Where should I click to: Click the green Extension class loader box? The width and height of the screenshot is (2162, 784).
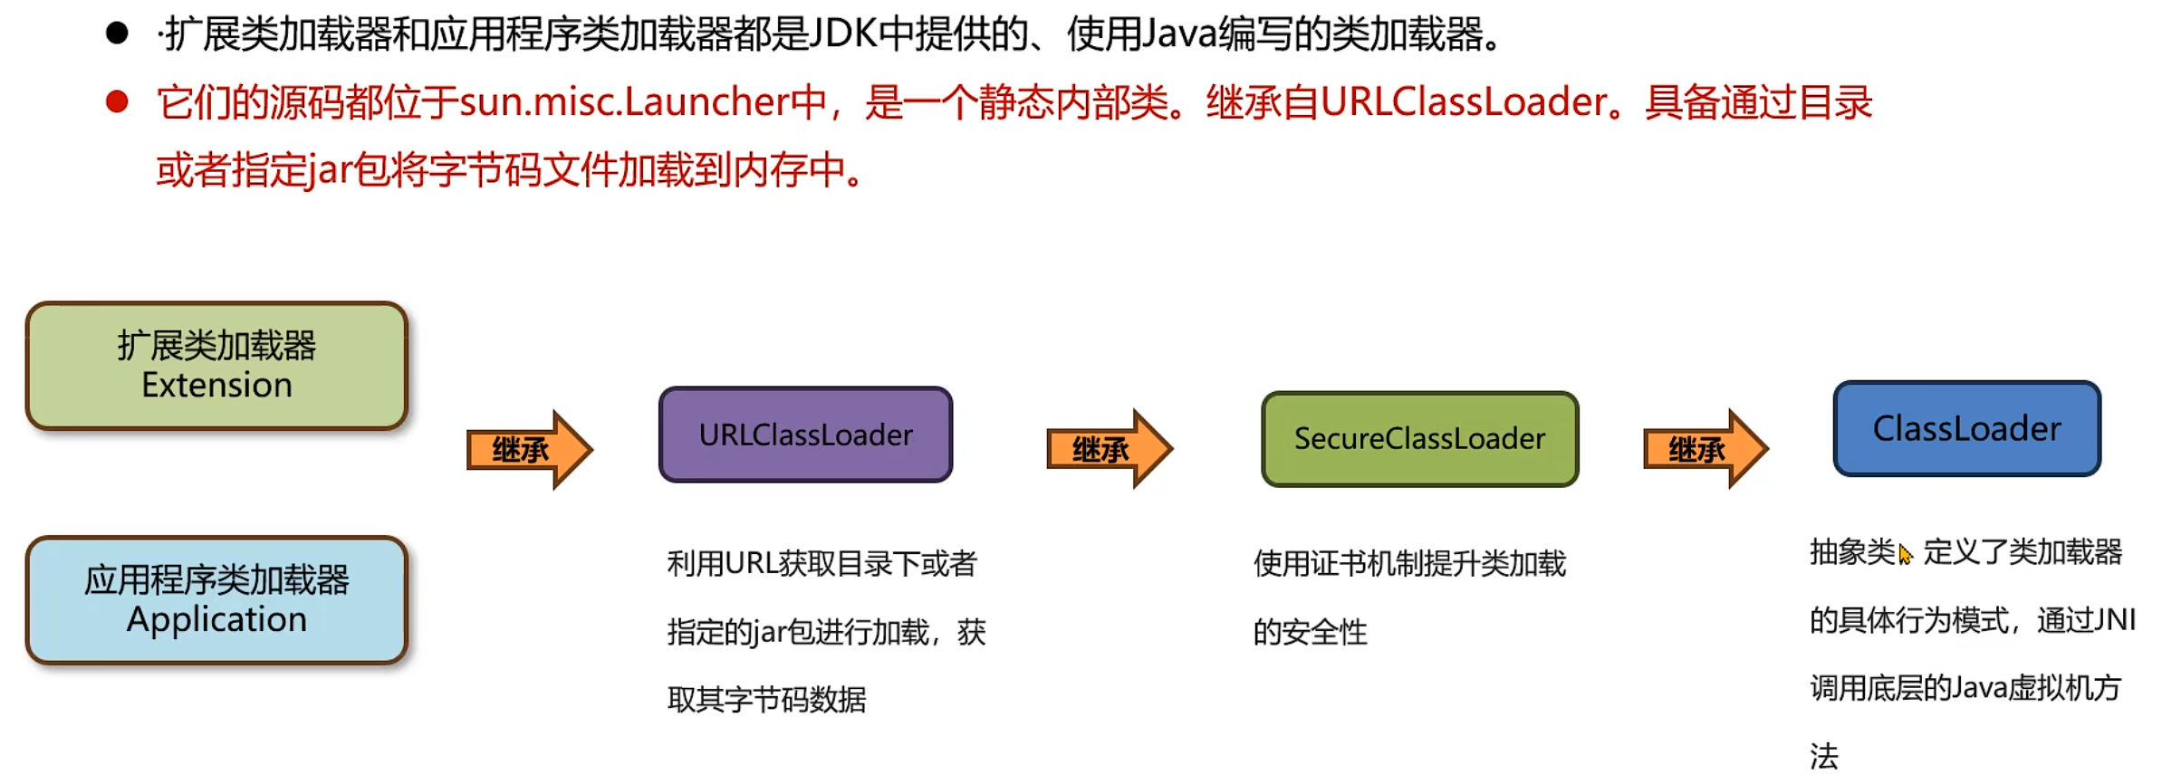216,365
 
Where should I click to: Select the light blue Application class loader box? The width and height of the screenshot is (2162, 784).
216,599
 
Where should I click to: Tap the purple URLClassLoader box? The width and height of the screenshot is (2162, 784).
805,435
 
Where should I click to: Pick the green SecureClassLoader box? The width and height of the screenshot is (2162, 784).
1418,439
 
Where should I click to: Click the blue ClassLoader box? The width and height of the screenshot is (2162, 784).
1966,428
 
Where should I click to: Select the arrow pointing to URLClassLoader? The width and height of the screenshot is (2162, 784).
529,449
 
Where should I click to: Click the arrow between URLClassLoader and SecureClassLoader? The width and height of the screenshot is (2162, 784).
1109,449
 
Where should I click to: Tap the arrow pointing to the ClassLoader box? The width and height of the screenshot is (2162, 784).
1705,449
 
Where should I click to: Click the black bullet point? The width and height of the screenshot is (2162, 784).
117,34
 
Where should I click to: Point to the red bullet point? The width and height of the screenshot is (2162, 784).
117,101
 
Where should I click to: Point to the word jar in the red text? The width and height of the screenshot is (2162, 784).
329,170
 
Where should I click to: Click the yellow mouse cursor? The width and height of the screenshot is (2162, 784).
1905,554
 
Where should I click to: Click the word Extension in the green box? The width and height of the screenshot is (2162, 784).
216,386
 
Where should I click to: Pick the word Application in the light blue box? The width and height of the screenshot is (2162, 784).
216,619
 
